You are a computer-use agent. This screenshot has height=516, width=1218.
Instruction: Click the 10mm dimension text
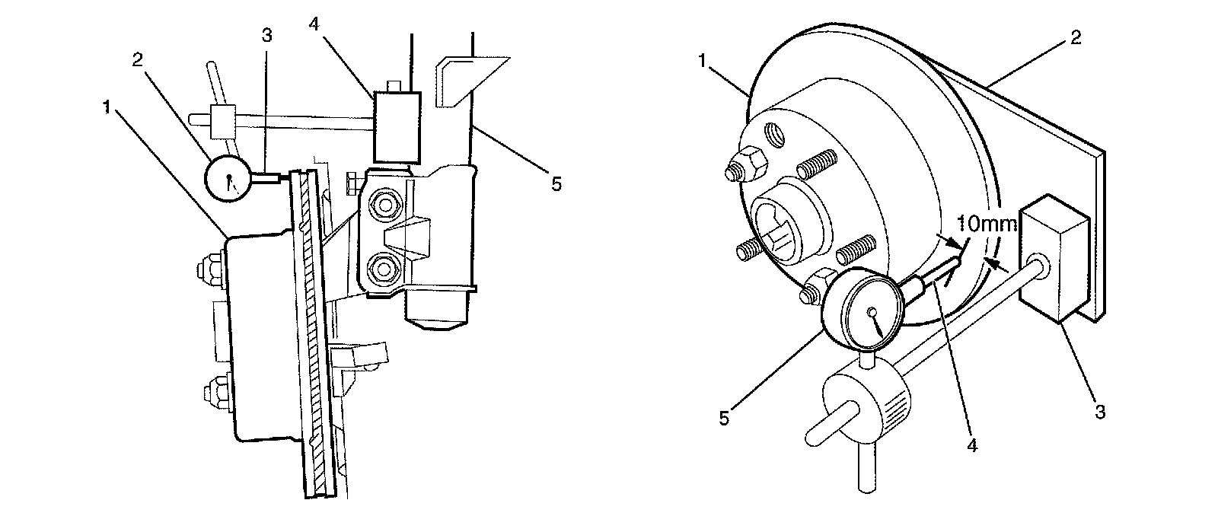(x=987, y=224)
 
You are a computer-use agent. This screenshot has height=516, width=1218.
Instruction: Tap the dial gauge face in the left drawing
(x=229, y=179)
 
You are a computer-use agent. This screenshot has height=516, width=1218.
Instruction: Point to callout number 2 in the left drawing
(x=139, y=60)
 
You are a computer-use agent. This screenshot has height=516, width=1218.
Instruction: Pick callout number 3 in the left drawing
(x=266, y=35)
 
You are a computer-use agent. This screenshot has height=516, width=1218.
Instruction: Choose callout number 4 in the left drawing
(x=313, y=23)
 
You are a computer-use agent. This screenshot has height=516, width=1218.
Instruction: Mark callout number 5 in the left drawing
(x=557, y=183)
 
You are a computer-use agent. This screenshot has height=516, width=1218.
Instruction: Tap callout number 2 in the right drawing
(x=1075, y=37)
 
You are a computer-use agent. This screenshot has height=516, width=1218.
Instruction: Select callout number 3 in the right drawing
(x=1098, y=412)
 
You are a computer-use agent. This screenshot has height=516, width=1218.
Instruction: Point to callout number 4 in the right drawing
(x=971, y=445)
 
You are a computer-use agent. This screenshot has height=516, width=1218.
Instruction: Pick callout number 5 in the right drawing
(x=724, y=417)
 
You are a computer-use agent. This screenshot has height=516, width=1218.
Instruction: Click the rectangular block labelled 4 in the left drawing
(x=397, y=126)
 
